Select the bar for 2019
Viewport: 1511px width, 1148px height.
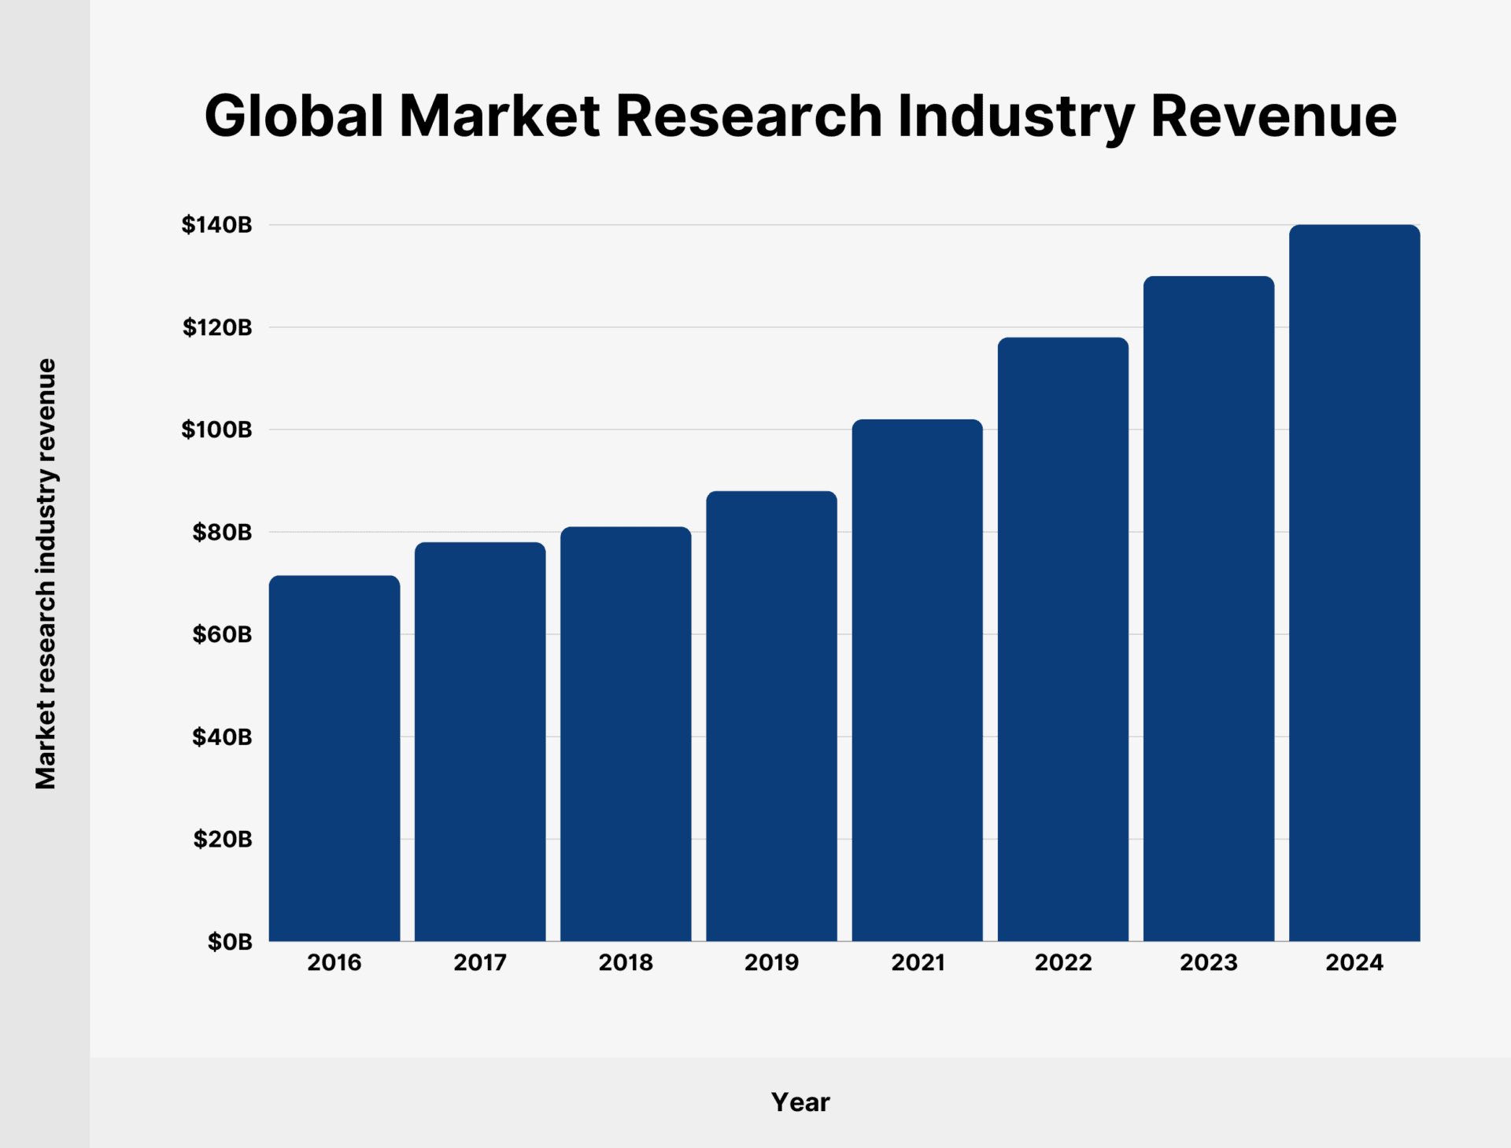point(771,716)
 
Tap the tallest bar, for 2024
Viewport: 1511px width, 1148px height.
point(1354,583)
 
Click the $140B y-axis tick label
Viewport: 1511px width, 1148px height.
point(217,225)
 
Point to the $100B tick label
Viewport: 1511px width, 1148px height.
point(217,430)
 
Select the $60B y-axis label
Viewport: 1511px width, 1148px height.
point(223,634)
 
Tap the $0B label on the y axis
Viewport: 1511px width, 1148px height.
point(230,942)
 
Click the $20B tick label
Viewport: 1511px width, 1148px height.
point(223,840)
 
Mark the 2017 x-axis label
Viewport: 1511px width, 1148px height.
point(480,962)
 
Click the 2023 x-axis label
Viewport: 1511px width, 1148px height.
point(1209,962)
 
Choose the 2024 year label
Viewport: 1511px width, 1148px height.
point(1354,962)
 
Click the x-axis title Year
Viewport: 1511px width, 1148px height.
point(800,1102)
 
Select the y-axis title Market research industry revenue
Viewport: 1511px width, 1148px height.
point(46,574)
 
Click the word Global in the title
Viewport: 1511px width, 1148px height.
point(294,116)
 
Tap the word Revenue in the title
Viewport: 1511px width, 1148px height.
point(1273,116)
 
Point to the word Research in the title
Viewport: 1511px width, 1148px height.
point(748,116)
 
